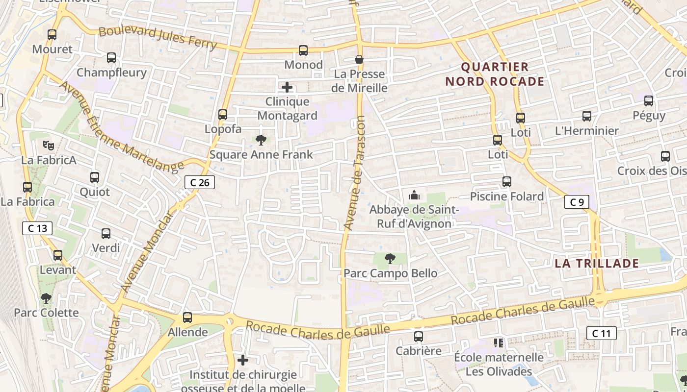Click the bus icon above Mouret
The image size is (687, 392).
52,35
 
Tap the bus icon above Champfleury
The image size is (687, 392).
111,58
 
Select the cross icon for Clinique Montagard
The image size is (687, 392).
287,88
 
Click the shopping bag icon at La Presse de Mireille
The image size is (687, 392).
359,59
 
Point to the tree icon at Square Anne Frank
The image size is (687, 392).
261,140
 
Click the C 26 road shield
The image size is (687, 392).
200,183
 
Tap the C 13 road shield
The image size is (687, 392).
37,228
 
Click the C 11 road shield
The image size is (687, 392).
601,334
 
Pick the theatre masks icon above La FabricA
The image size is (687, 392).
48,145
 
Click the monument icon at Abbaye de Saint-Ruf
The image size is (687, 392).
414,196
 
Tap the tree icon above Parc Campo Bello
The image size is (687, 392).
390,258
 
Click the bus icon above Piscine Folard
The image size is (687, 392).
507,182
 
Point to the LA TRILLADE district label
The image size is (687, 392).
597,263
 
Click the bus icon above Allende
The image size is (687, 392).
187,318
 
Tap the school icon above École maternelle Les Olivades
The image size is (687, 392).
499,343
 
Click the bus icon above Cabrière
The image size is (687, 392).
419,337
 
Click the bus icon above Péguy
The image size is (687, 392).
649,101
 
